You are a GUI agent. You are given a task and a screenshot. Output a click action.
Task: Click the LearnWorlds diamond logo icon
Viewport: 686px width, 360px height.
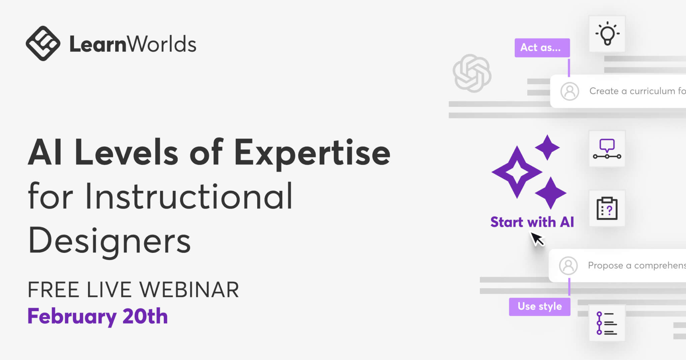pyautogui.click(x=43, y=44)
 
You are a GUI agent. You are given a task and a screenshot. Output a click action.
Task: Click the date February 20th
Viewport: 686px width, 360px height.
pyautogui.click(x=97, y=316)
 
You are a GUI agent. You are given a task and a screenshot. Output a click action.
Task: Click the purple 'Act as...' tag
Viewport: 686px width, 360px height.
pyautogui.click(x=542, y=48)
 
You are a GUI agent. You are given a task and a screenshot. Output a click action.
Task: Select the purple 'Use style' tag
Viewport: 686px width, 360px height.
pyautogui.click(x=540, y=306)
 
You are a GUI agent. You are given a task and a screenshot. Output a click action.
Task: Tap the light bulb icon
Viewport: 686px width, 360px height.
pyautogui.click(x=607, y=33)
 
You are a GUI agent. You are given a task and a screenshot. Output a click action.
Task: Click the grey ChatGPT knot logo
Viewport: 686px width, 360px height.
pyautogui.click(x=472, y=73)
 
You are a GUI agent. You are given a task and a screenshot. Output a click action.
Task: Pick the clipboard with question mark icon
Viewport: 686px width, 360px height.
pyautogui.click(x=607, y=208)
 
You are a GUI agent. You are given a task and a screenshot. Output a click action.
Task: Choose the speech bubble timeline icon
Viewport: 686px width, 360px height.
pyautogui.click(x=607, y=149)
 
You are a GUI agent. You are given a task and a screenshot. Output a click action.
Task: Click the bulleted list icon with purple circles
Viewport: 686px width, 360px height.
pyautogui.click(x=607, y=323)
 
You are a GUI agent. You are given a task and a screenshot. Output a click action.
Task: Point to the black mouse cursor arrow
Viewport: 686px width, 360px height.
pyautogui.click(x=538, y=239)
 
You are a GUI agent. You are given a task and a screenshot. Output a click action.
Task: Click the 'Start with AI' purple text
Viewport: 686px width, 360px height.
pyautogui.click(x=532, y=222)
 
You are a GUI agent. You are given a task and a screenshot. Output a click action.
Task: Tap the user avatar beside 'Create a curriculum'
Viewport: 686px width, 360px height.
pyautogui.click(x=570, y=91)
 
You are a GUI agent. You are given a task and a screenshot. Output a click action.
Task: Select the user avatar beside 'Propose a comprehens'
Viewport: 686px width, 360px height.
pyautogui.click(x=568, y=266)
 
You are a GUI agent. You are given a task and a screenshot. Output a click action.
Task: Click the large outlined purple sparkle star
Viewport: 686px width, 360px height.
pyautogui.click(x=517, y=172)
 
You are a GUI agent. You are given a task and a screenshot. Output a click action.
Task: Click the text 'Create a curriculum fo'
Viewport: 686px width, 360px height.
pyautogui.click(x=637, y=91)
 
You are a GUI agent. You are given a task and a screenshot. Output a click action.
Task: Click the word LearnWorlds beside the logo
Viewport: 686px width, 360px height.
pyautogui.click(x=133, y=44)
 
